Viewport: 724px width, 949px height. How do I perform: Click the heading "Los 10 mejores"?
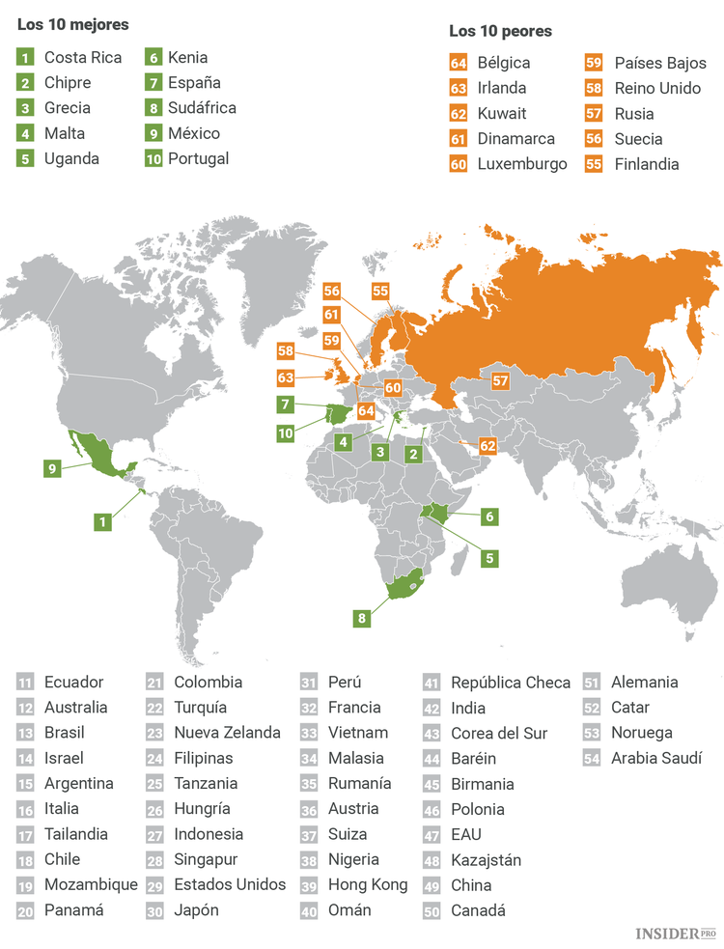tap(66, 24)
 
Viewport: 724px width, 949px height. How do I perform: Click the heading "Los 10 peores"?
tap(500, 31)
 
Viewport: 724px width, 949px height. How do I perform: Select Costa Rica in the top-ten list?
tap(83, 57)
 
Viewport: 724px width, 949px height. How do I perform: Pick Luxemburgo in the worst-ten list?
tap(522, 163)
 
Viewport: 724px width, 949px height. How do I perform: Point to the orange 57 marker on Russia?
tap(500, 380)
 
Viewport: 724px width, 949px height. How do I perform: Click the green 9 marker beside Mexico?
tap(55, 468)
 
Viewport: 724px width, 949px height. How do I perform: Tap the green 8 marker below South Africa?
tap(362, 618)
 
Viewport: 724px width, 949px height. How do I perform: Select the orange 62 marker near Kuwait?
tap(487, 446)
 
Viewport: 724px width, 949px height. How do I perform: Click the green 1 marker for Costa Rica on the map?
tap(102, 521)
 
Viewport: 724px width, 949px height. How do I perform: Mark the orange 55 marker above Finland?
tap(380, 291)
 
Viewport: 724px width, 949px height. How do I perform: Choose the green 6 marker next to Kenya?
tap(489, 516)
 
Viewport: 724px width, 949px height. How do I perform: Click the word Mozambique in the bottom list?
tap(91, 884)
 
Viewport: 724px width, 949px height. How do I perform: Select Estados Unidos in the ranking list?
tap(230, 884)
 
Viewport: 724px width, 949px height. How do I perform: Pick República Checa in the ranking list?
tap(511, 683)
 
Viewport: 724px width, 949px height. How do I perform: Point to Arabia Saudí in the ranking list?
tap(656, 758)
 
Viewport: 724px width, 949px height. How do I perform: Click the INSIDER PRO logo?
tap(676, 934)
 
